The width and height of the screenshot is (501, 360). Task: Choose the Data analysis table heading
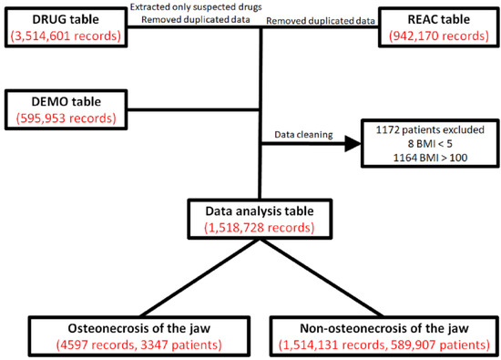click(262, 210)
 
